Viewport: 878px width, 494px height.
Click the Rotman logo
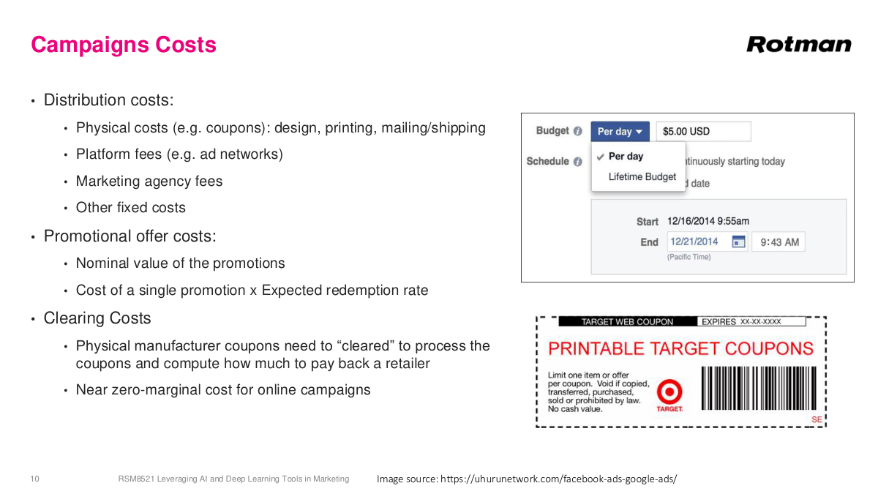click(799, 45)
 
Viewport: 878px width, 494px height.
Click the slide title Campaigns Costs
click(124, 45)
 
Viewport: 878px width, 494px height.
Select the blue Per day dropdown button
click(620, 132)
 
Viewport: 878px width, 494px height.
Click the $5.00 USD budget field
click(702, 132)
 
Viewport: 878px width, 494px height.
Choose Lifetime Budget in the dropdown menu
click(642, 177)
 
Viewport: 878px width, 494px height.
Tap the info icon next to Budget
click(578, 132)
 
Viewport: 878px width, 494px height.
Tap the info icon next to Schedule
click(578, 162)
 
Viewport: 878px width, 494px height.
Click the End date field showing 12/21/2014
click(697, 242)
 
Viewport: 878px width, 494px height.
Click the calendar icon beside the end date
click(739, 242)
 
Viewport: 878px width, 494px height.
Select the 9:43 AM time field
click(779, 242)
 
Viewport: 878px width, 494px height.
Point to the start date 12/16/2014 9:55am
click(708, 221)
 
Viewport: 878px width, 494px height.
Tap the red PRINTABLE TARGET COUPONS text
click(680, 348)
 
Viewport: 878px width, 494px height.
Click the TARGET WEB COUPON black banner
click(626, 321)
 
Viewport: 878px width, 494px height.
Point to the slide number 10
click(34, 479)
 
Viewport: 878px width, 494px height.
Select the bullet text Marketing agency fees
click(149, 181)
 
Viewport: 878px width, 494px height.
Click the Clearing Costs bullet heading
click(97, 318)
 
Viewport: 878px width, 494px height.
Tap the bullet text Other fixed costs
click(131, 208)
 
